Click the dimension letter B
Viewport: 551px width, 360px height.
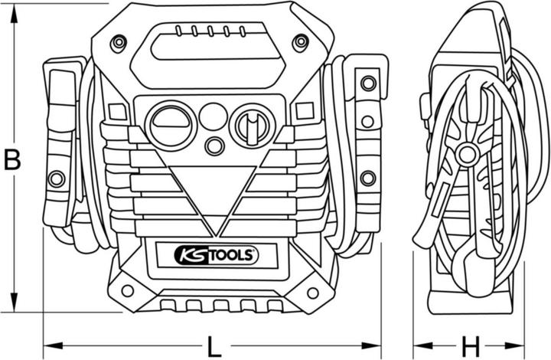coord(11,160)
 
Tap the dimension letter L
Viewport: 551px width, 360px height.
coord(215,346)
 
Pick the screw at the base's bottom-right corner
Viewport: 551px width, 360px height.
coord(312,292)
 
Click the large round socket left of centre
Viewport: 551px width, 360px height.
coord(171,126)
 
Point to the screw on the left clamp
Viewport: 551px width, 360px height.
coord(56,179)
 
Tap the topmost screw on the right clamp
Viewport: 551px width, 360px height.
coord(367,83)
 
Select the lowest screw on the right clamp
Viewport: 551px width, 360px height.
coord(367,178)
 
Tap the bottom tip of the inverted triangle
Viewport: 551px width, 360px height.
coord(218,234)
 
